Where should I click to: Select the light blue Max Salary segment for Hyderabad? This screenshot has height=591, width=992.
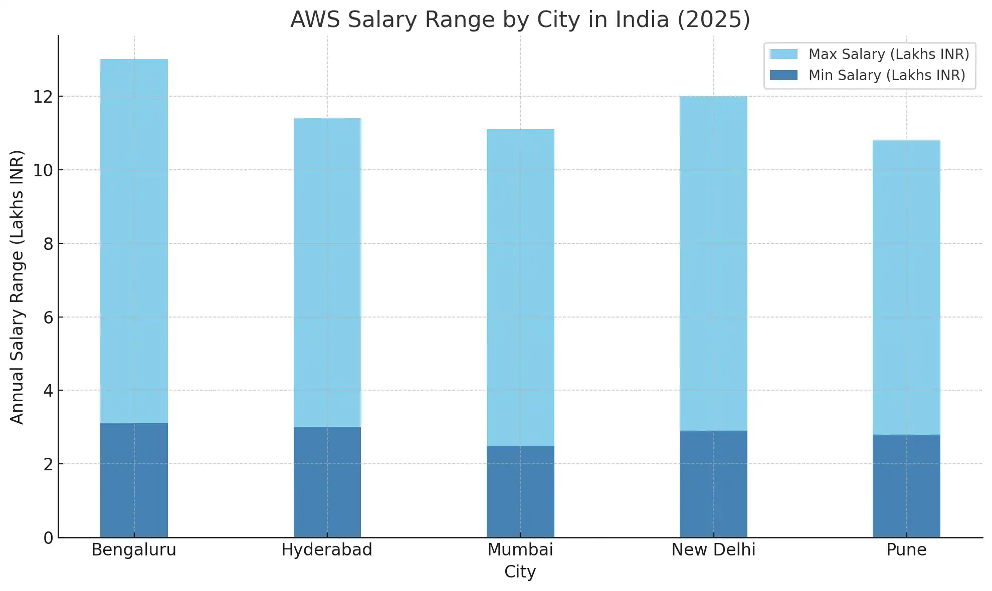pyautogui.click(x=327, y=273)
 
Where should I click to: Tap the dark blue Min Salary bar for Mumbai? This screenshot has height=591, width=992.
pyautogui.click(x=520, y=491)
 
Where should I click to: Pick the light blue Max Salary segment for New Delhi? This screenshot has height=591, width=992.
pyautogui.click(x=713, y=263)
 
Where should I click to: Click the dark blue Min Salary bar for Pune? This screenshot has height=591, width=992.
pyautogui.click(x=906, y=486)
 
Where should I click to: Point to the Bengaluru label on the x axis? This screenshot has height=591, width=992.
pyautogui.click(x=134, y=550)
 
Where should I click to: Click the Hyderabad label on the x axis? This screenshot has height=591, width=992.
pyautogui.click(x=327, y=550)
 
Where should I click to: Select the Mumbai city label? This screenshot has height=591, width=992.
pyautogui.click(x=520, y=550)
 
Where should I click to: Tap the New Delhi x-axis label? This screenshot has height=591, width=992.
pyautogui.click(x=713, y=550)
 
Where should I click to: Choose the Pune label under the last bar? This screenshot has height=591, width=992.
pyautogui.click(x=906, y=550)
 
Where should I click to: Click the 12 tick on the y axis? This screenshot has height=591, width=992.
pyautogui.click(x=43, y=97)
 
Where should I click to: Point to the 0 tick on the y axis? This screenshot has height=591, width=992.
pyautogui.click(x=48, y=538)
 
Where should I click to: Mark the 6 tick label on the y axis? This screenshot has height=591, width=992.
pyautogui.click(x=48, y=318)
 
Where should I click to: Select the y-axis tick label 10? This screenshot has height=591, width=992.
pyautogui.click(x=43, y=170)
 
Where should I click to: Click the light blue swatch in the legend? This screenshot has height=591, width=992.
pyautogui.click(x=783, y=54)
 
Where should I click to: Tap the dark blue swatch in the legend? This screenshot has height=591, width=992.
pyautogui.click(x=783, y=75)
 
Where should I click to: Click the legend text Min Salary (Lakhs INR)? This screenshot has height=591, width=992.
pyautogui.click(x=887, y=75)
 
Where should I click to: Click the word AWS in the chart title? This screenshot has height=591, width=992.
pyautogui.click(x=315, y=20)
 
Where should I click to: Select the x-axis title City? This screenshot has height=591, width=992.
pyautogui.click(x=520, y=572)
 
